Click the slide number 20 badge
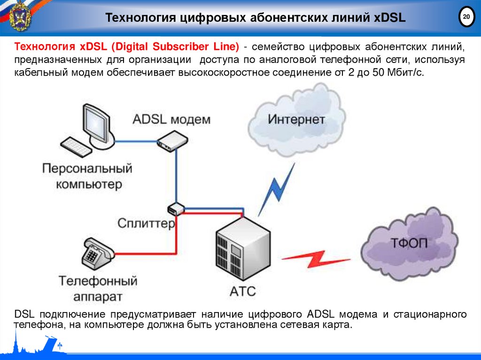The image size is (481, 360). tap(466, 17)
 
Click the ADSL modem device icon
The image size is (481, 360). tap(172, 141)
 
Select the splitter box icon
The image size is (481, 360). tap(176, 208)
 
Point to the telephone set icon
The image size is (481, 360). tap(97, 253)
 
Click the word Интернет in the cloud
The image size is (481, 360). tap(296, 119)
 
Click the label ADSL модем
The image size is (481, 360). tap(171, 119)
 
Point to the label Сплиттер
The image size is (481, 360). tap(146, 222)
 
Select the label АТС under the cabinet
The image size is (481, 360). tap(243, 291)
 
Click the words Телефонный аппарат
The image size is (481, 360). tap(98, 289)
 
